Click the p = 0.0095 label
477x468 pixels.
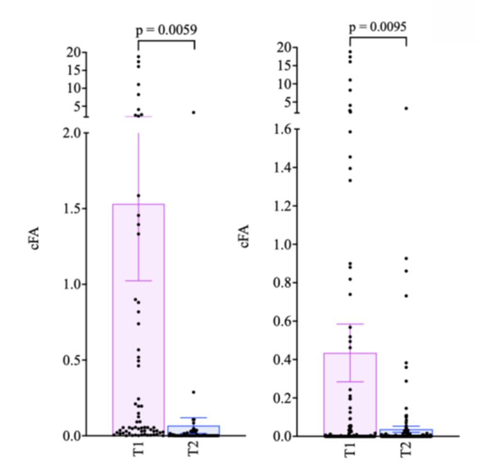(x=377, y=26)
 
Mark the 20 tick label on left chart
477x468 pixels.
(x=73, y=53)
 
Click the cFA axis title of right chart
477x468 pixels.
(x=245, y=236)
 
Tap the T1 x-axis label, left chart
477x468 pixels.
(x=139, y=451)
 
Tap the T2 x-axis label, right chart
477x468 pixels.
(x=406, y=451)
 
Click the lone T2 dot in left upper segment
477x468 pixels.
(x=194, y=112)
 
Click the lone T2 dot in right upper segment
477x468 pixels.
(x=406, y=109)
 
